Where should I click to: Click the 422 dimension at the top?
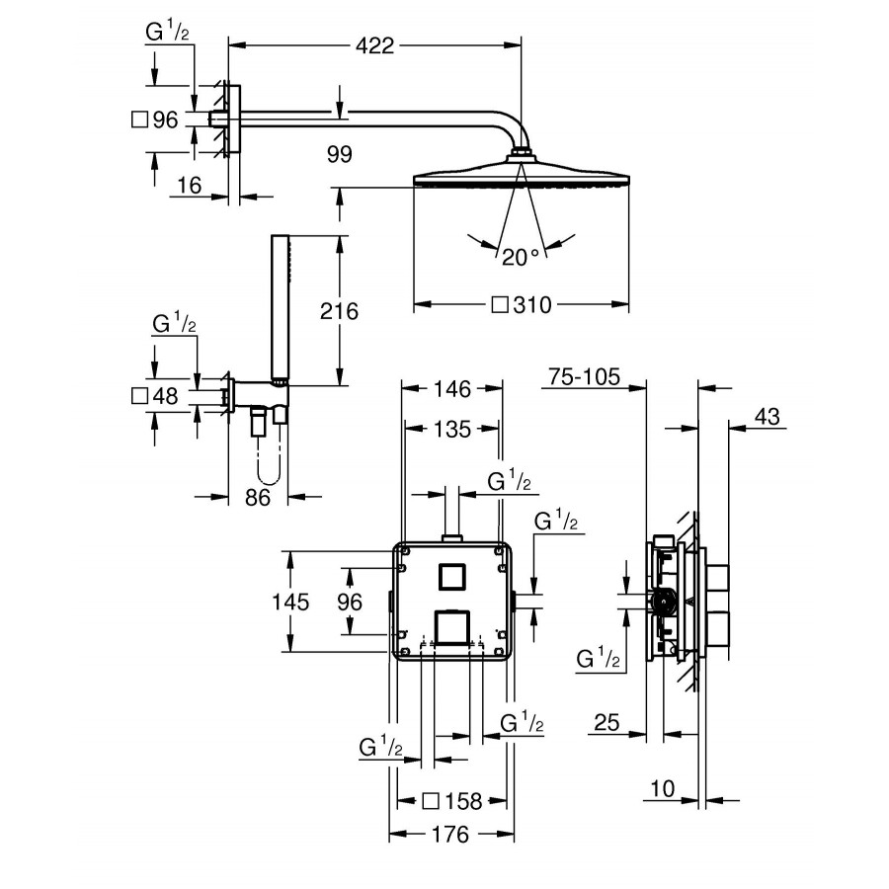tap(374, 44)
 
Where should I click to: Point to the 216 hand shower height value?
tap(340, 311)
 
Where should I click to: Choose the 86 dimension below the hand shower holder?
tap(257, 497)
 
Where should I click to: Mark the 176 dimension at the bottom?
tap(450, 835)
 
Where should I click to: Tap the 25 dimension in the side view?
tap(606, 723)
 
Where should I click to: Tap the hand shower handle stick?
tap(279, 306)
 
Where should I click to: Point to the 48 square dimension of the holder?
tap(165, 397)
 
